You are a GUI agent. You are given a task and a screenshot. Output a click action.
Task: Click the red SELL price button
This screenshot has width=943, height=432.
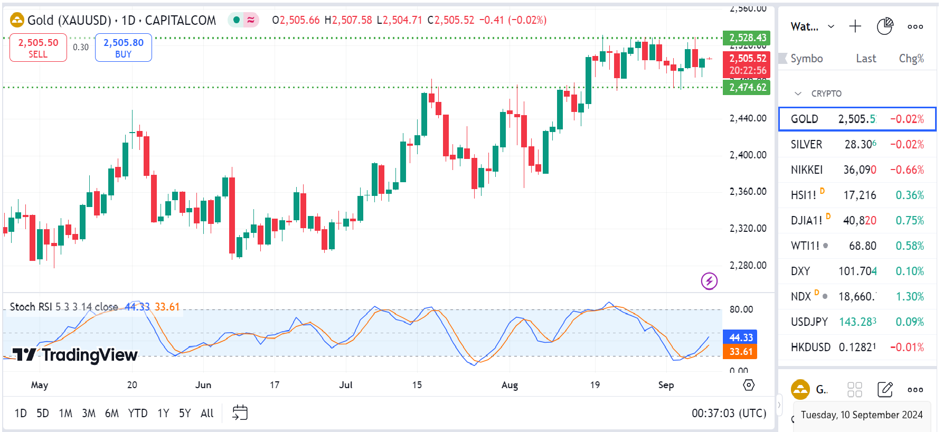(x=38, y=48)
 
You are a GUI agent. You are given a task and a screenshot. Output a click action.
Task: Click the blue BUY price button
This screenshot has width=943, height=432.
(x=123, y=48)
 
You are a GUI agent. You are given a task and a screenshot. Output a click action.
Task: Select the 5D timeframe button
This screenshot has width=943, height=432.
(x=42, y=413)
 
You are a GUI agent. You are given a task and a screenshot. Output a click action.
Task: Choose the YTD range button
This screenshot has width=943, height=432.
(x=138, y=413)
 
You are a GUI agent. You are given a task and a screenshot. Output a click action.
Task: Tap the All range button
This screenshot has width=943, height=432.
(x=207, y=413)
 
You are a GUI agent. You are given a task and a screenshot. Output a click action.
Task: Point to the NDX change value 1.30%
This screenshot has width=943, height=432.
(x=910, y=296)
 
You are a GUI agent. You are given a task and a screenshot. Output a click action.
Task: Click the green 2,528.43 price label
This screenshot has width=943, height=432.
(x=747, y=37)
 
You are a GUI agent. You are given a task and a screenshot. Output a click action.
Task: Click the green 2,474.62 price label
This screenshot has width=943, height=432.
(x=747, y=87)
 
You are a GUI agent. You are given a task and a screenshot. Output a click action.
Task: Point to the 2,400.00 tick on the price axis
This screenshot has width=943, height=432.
(x=748, y=155)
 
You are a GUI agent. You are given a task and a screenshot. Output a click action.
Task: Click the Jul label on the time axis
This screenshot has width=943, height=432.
(x=346, y=384)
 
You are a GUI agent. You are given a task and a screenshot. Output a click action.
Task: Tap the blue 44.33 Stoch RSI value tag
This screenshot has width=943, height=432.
(x=741, y=337)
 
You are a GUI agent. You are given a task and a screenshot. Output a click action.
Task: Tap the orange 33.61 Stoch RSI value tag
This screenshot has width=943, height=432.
(x=741, y=351)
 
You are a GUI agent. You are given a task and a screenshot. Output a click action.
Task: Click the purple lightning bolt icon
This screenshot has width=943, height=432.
(x=709, y=280)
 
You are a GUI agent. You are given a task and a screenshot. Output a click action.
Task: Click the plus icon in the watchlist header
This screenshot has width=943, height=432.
(x=855, y=26)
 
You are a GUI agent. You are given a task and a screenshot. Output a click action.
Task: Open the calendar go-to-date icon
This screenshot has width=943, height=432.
(x=240, y=412)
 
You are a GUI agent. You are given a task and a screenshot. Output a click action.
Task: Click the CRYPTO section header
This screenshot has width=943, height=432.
(x=826, y=93)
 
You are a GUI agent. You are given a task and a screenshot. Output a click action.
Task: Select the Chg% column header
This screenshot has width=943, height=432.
(x=911, y=59)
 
